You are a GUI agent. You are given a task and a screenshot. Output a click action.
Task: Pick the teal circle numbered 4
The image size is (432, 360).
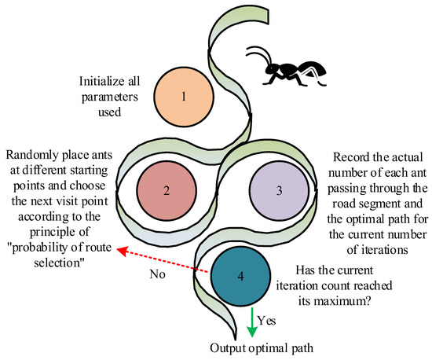click(240, 277)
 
